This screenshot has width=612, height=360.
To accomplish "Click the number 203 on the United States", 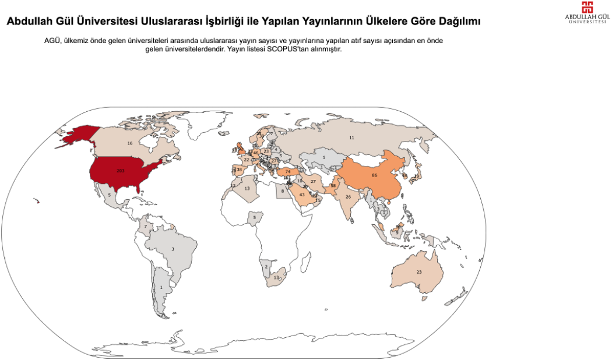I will pos(121,171).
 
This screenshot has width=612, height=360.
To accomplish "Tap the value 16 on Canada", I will pos(130,143).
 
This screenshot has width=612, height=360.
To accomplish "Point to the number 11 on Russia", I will pos(351,137).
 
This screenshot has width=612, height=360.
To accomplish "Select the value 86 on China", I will pos(375,175).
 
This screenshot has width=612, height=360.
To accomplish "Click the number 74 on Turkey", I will pos(288,172).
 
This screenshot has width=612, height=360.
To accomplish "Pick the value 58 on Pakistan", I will pos(333,186).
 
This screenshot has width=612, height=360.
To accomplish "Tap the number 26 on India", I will pos(349,197).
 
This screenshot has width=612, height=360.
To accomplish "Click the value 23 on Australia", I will pos(418,272).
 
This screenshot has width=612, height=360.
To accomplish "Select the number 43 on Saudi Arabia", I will pos(302,195).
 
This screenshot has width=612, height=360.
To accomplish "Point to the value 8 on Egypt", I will pos(283,191).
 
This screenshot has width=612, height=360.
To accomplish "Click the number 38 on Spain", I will pos(239,170).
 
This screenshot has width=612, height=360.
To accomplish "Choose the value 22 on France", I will pos(247,160).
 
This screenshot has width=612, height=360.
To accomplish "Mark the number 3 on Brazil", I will pos(172,249).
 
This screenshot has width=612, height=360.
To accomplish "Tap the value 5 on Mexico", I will pos(110,195).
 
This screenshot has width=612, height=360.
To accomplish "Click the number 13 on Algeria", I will pos(247,189).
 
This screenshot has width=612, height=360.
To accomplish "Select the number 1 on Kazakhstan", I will pos(323,157).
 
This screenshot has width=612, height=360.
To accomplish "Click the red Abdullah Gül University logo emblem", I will pos(588,8).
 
